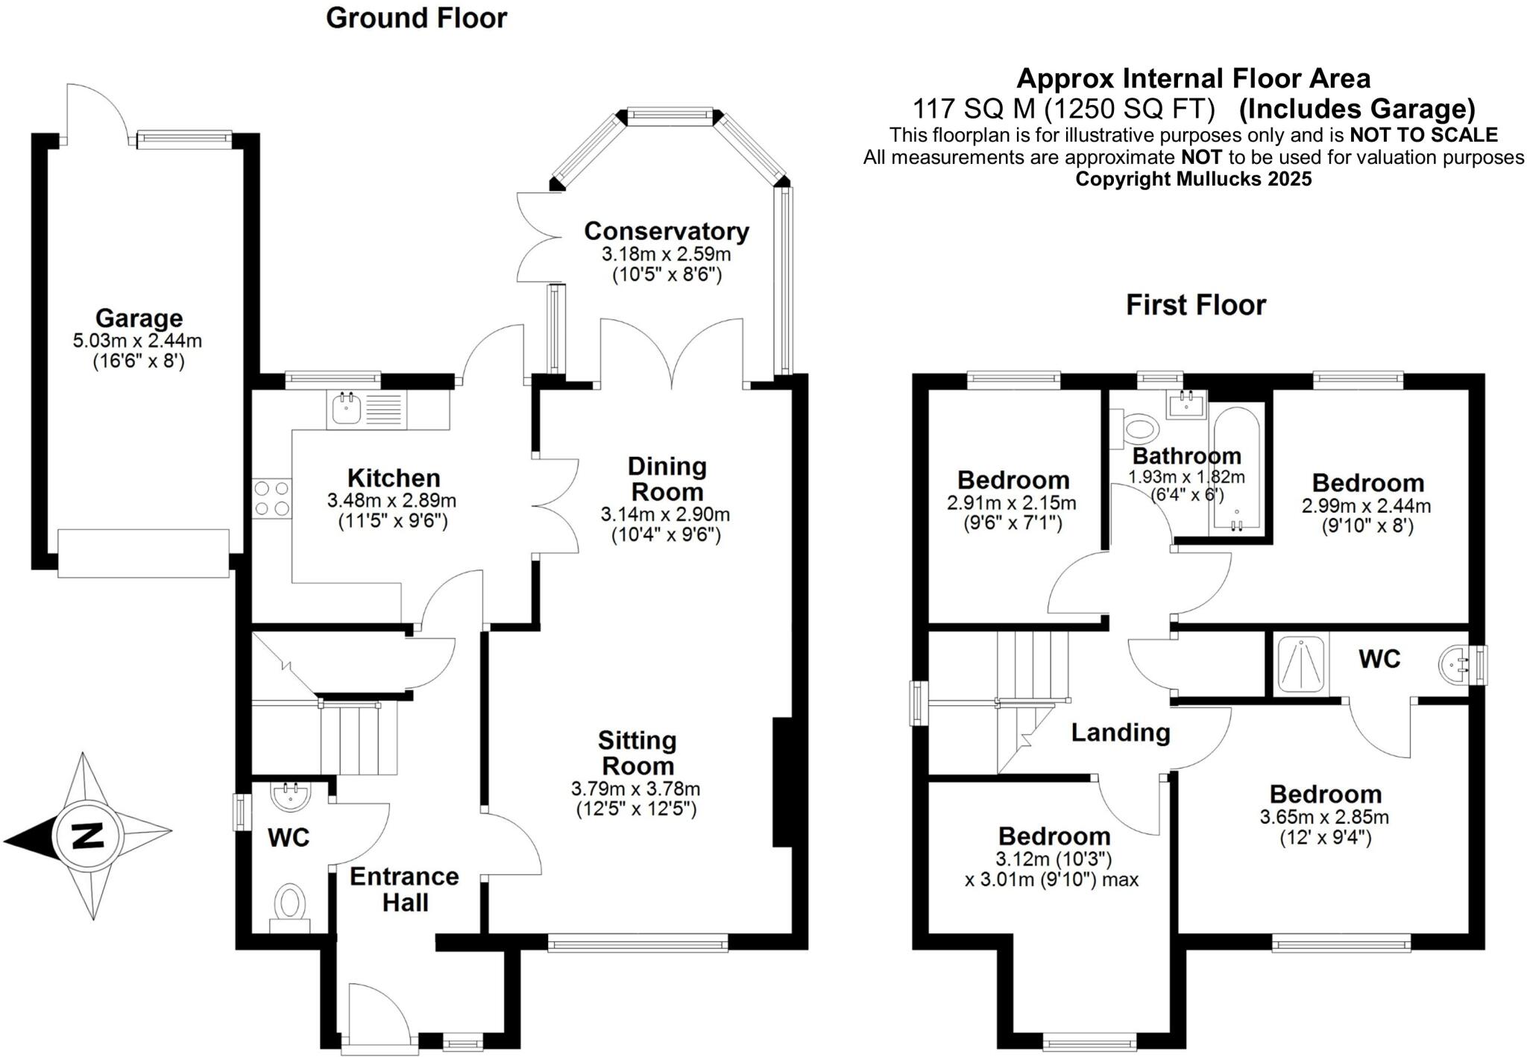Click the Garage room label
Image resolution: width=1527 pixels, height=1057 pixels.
[139, 318]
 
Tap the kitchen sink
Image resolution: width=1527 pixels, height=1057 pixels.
[347, 409]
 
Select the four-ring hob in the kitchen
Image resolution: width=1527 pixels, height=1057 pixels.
[271, 498]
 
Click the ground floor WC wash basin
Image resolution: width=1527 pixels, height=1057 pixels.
[292, 796]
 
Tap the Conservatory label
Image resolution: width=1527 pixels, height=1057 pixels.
[666, 231]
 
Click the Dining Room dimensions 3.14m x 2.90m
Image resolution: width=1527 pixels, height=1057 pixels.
[665, 514]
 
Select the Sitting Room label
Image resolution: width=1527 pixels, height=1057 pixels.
[637, 753]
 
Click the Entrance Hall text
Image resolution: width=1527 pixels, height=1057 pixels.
[404, 889]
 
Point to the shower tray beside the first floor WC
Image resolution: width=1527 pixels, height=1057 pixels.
[1299, 663]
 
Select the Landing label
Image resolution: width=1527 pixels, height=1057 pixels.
[1120, 733]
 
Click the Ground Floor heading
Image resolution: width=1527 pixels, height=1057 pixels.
[416, 18]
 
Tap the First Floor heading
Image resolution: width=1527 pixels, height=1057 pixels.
[1195, 305]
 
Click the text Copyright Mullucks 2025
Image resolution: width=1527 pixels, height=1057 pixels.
[1193, 179]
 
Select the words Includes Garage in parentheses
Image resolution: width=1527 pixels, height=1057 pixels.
[1356, 109]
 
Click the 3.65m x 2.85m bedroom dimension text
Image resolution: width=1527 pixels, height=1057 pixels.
[1324, 817]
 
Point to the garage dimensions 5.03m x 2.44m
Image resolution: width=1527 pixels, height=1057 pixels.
[137, 341]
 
